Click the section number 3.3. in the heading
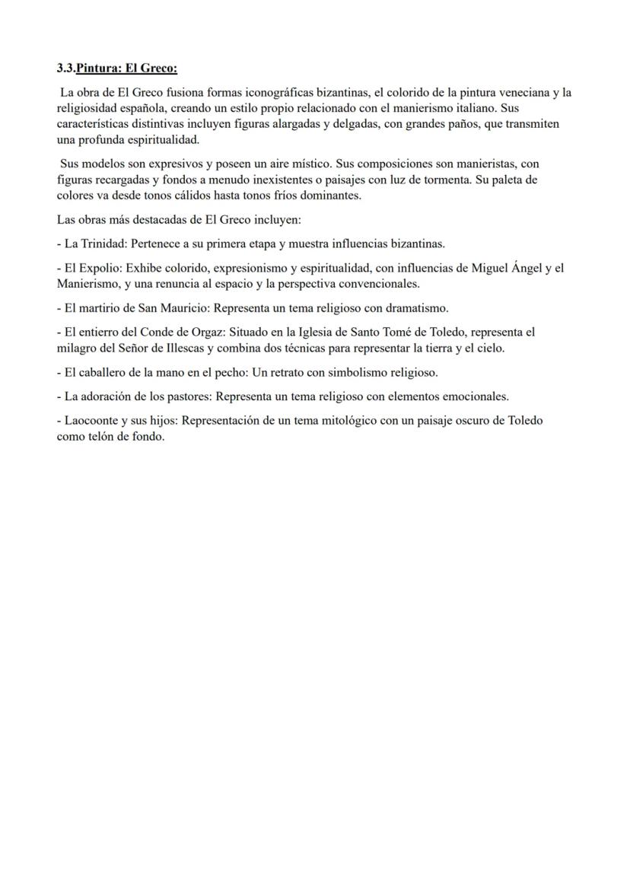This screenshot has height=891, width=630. click(x=66, y=68)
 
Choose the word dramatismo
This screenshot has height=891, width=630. click(x=418, y=308)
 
